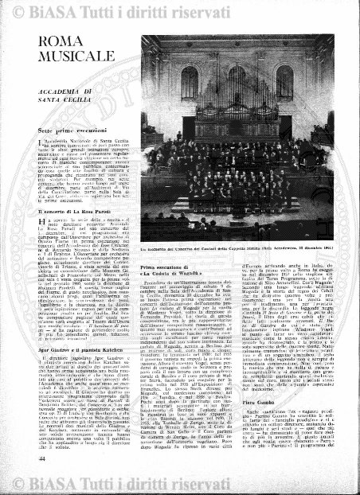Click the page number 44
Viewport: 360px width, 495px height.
(42, 455)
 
